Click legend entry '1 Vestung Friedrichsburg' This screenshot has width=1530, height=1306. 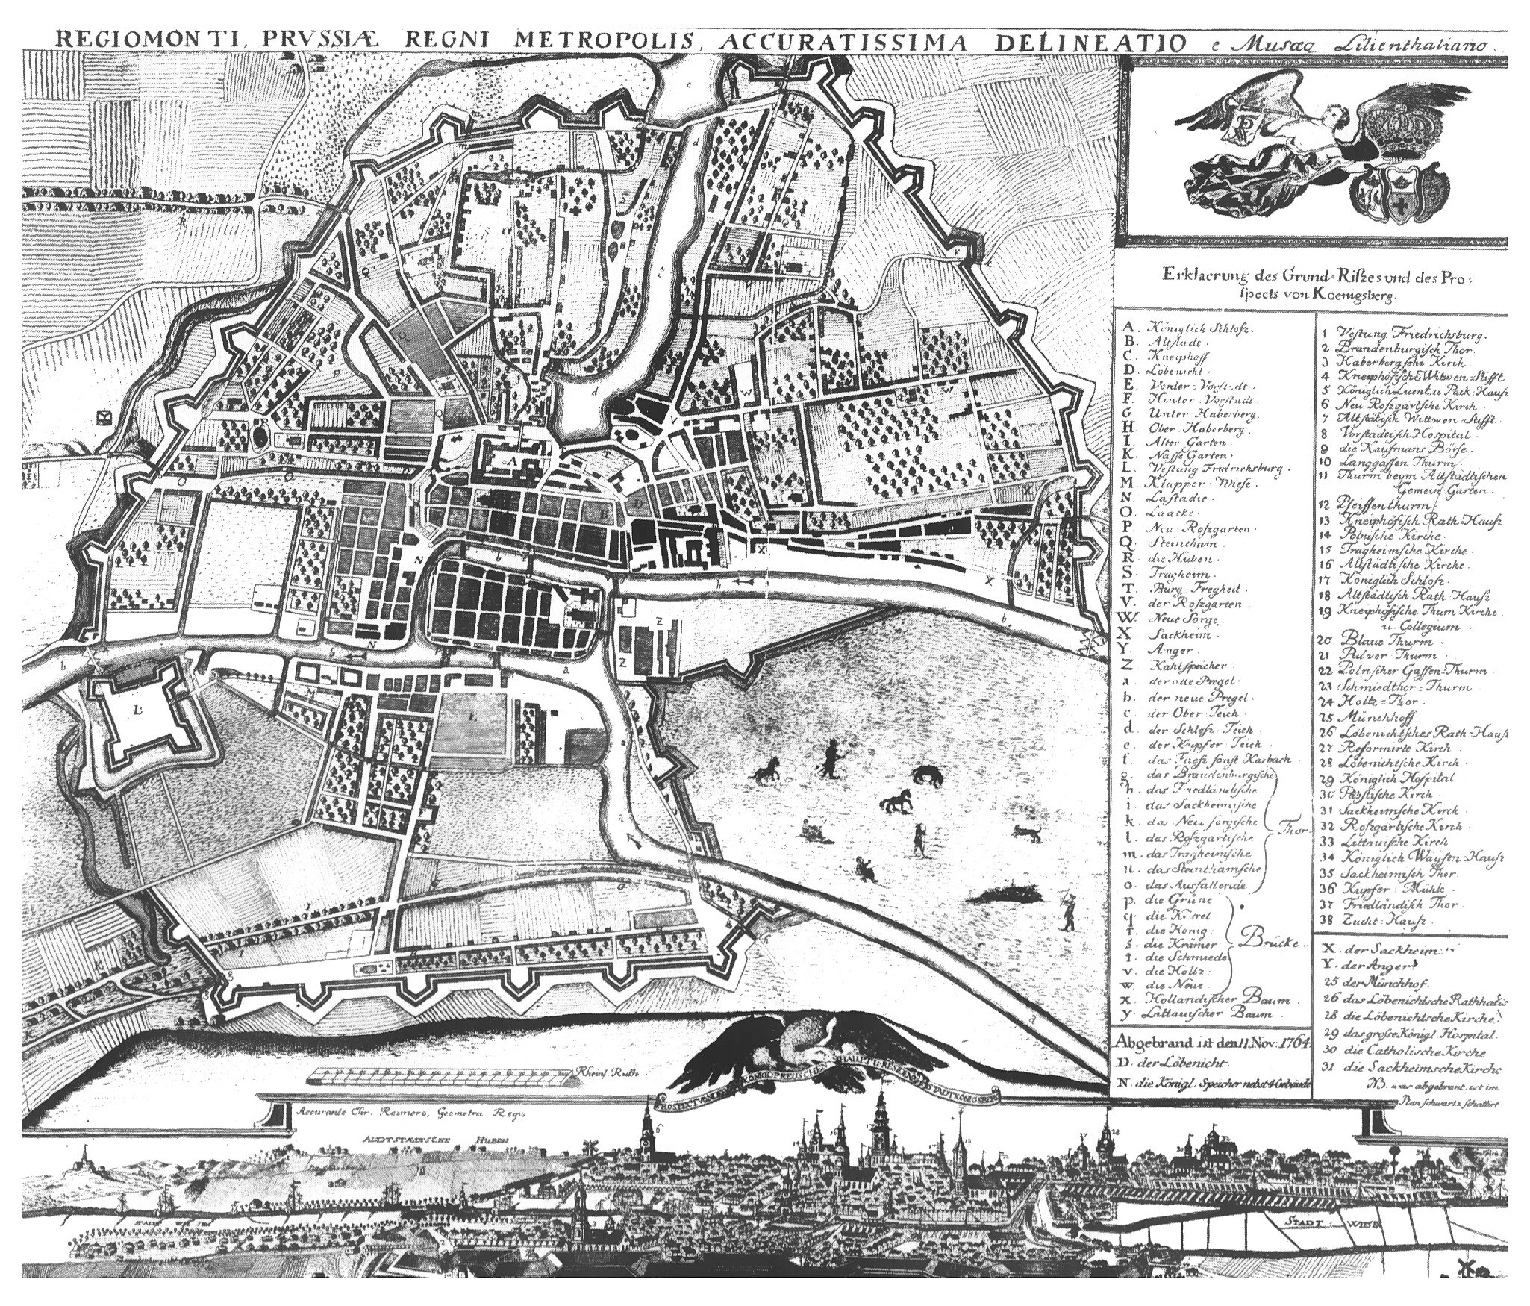coord(1396,336)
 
